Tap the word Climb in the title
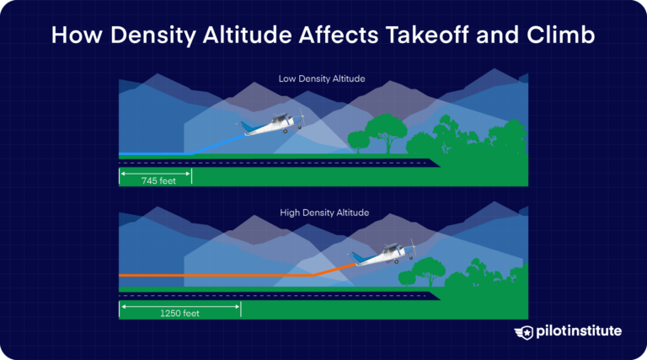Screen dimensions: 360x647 coord(565,36)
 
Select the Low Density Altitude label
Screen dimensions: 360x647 coord(322,79)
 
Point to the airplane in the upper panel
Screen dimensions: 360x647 coord(269,126)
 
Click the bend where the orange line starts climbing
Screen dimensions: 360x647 coord(312,275)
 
